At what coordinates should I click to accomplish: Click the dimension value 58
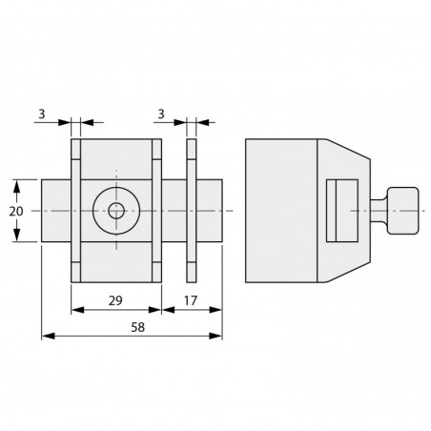(138, 327)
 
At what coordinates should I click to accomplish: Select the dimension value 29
(115, 300)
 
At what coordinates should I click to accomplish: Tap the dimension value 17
(191, 300)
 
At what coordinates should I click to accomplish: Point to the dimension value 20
(16, 211)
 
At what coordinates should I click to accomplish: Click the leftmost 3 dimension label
(42, 113)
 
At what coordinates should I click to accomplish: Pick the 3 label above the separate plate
(161, 113)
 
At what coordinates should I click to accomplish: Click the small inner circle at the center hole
(116, 211)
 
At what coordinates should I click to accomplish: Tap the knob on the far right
(402, 211)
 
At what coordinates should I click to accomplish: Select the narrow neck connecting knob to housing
(379, 211)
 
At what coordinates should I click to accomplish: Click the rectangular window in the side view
(342, 211)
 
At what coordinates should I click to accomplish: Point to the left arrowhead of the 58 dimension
(49, 336)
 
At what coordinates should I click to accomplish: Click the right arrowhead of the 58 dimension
(215, 336)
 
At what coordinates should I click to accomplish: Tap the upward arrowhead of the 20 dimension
(17, 186)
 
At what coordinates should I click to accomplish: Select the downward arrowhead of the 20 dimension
(17, 235)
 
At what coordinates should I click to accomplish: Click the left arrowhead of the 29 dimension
(78, 310)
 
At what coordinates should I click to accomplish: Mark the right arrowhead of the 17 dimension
(215, 310)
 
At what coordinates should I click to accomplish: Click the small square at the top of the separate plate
(192, 149)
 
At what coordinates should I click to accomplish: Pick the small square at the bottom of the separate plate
(192, 272)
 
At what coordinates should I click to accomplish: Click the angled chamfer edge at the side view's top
(349, 149)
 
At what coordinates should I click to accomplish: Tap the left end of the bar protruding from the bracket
(42, 211)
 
